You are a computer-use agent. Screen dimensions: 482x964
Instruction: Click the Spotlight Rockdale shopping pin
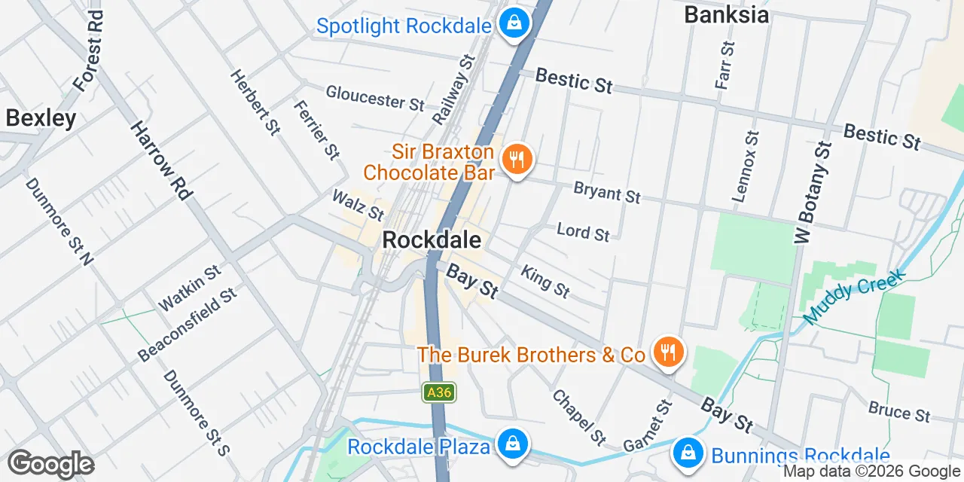tap(514, 23)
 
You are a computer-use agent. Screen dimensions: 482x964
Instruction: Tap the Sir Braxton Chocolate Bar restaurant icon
tap(517, 160)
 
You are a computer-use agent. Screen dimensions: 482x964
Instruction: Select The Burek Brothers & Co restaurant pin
tap(667, 352)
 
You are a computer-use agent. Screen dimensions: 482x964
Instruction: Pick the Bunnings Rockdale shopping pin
tap(688, 453)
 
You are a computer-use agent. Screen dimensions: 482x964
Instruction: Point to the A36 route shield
tap(438, 392)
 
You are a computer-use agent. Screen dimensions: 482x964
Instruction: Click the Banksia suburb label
tap(726, 14)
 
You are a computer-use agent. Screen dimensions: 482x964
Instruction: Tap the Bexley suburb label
tap(41, 118)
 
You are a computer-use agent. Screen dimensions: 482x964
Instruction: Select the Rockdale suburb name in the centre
tap(432, 239)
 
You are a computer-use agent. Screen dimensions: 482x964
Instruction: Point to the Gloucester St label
tap(375, 97)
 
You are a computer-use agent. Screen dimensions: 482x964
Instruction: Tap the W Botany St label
tap(813, 192)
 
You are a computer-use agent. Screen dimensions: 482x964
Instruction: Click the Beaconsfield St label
tap(188, 324)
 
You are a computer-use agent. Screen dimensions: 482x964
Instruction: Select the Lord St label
tap(583, 231)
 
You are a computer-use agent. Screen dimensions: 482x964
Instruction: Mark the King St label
tap(546, 281)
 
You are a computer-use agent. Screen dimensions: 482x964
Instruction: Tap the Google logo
tap(50, 464)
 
